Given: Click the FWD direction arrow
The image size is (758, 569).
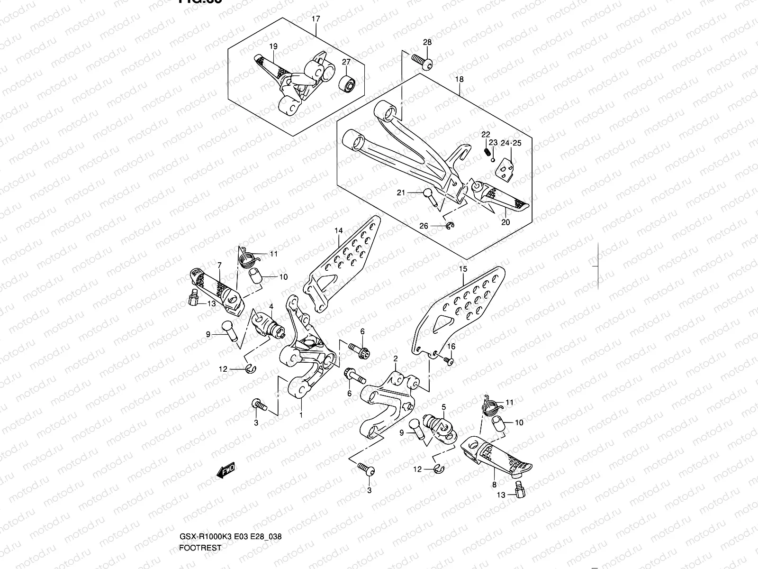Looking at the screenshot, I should pyautogui.click(x=226, y=471).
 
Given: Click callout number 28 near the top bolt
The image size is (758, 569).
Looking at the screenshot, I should pyautogui.click(x=427, y=42).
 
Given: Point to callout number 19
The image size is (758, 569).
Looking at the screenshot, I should pyautogui.click(x=273, y=46).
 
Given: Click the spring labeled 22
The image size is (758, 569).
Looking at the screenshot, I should pyautogui.click(x=486, y=152).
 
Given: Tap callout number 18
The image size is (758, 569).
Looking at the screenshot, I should pyautogui.click(x=459, y=79).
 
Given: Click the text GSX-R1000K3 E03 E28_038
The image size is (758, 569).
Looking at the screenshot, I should pyautogui.click(x=230, y=496).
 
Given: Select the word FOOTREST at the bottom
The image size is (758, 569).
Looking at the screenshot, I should pyautogui.click(x=200, y=508).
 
